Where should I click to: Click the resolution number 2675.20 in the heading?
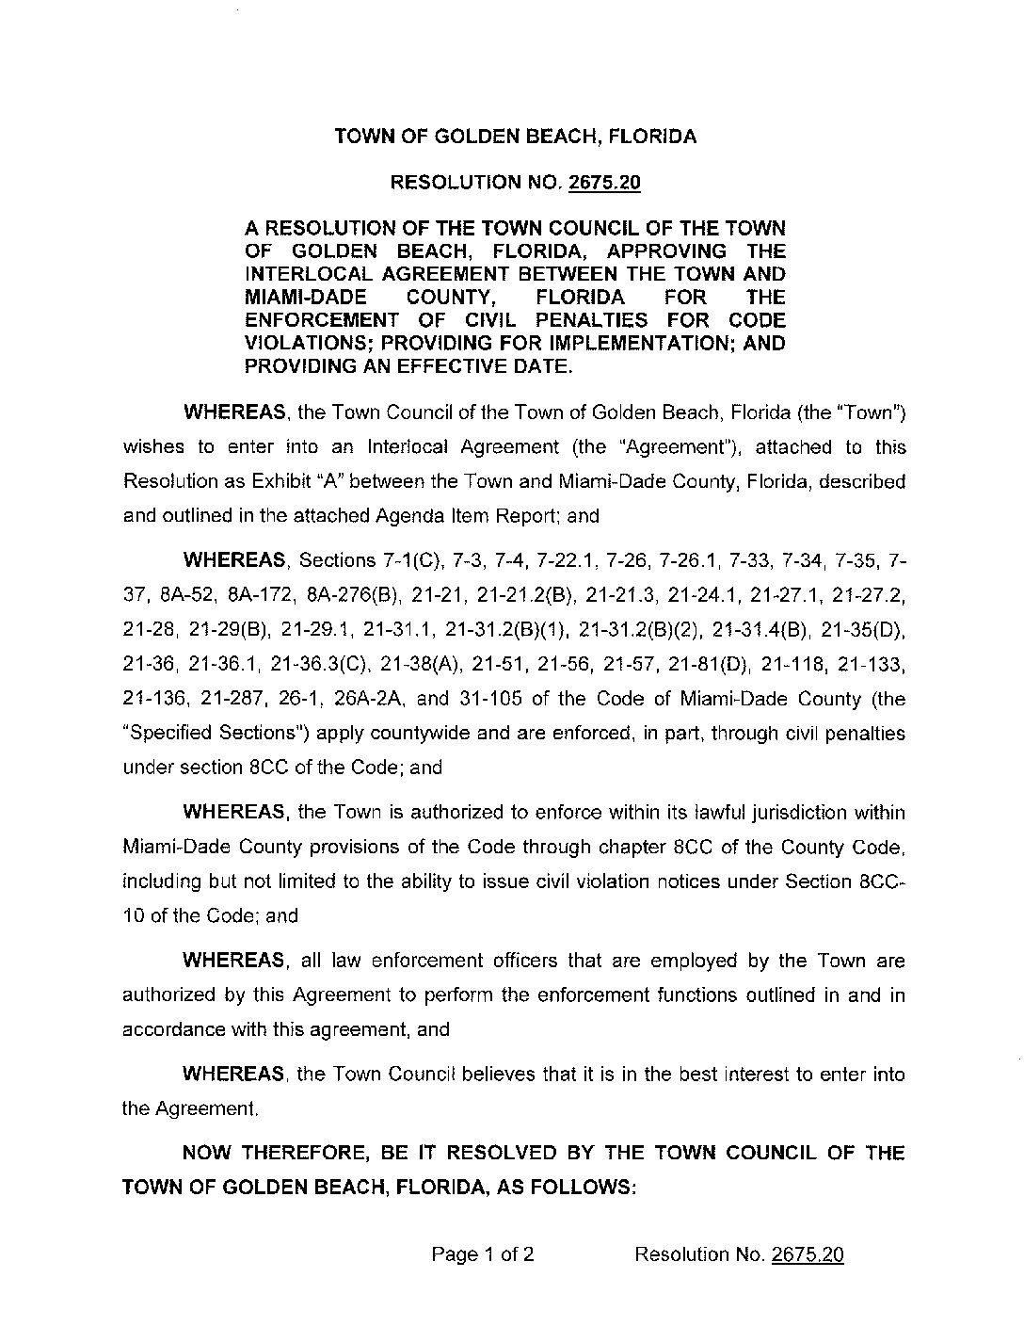[x=604, y=183]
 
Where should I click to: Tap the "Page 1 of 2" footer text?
[x=483, y=1254]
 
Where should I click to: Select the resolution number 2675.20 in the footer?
[x=807, y=1254]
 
